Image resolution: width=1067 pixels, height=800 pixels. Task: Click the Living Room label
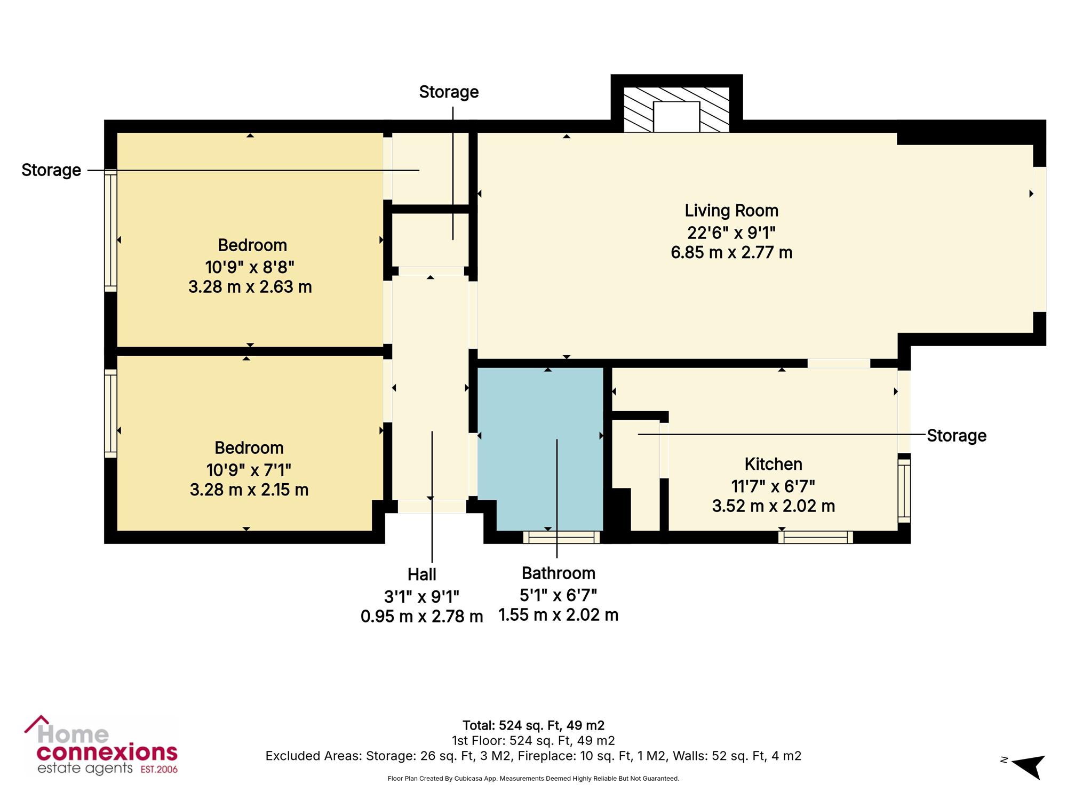731,211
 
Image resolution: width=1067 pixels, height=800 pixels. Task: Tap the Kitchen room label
774,464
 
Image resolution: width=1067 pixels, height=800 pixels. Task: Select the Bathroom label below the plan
559,573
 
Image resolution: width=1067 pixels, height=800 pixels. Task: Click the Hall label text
422,575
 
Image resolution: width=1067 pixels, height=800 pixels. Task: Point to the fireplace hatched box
676,110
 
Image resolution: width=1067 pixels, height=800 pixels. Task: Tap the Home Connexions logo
101,746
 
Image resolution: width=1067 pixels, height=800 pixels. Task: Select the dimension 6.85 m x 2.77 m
731,252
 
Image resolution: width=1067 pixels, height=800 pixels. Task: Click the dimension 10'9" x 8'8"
250,266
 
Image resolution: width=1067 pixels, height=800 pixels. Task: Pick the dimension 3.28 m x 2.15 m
249,490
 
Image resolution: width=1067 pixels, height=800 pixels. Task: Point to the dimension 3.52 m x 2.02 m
774,506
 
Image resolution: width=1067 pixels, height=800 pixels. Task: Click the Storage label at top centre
449,92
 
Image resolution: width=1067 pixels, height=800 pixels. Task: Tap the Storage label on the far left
51,171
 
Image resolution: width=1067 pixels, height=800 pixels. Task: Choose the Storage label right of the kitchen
957,436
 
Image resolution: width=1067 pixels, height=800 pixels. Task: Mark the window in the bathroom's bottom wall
561,537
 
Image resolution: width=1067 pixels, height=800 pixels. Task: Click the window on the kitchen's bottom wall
815,537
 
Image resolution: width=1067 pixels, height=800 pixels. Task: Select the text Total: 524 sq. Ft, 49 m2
533,725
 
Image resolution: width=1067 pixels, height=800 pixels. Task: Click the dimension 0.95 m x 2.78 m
422,617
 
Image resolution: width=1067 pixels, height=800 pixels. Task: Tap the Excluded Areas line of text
533,756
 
